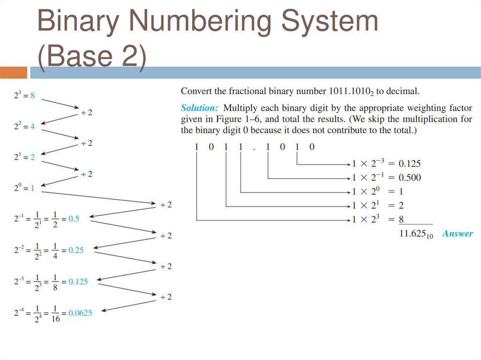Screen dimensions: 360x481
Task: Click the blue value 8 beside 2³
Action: coord(32,95)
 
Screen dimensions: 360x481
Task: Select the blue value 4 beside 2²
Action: coord(32,127)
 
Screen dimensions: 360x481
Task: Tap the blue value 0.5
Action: coord(74,219)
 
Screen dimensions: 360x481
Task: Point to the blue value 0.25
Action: coord(76,250)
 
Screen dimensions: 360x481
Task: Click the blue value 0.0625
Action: coord(80,313)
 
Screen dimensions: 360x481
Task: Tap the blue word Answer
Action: coord(458,233)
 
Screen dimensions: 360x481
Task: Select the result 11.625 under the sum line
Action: coord(415,234)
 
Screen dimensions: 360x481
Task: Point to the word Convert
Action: coord(196,91)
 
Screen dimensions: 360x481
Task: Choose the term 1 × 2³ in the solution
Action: coord(365,219)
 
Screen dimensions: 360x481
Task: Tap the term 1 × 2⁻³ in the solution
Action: coord(368,163)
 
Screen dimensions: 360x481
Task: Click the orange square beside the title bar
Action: coord(14,72)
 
